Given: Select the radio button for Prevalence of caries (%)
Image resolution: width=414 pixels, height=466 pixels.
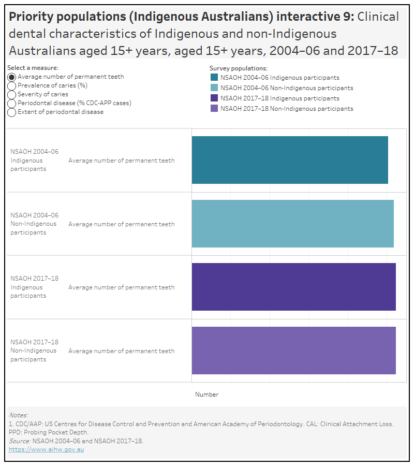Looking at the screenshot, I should [x=12, y=85].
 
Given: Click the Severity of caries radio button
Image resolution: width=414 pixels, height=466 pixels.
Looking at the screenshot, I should [x=12, y=94].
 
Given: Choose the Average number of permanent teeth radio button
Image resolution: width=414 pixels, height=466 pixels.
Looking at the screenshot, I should [x=12, y=77].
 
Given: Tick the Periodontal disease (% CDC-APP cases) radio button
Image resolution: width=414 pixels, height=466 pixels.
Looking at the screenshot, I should [x=12, y=103].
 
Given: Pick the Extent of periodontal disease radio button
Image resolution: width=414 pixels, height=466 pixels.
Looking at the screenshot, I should [x=12, y=112].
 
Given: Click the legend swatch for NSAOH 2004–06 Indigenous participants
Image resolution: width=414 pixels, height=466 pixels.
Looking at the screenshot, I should [x=214, y=78].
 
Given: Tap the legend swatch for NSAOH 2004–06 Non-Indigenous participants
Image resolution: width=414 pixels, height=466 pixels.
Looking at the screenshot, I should [x=214, y=88].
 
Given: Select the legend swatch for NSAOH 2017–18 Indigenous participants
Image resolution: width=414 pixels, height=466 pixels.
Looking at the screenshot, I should [x=214, y=98].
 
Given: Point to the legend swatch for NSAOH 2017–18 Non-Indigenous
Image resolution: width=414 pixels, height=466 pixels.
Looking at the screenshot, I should [x=214, y=109].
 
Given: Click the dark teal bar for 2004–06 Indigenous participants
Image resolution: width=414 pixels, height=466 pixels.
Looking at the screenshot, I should [x=290, y=160].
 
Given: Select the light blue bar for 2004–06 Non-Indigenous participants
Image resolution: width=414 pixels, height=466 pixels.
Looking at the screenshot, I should [x=292, y=224].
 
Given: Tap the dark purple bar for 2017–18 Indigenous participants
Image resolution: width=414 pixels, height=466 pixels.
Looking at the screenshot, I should [x=293, y=287].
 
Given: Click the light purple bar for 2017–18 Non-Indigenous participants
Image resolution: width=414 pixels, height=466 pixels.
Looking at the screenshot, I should [x=293, y=351].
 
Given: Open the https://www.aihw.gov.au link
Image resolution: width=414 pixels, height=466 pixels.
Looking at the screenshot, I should [x=46, y=449].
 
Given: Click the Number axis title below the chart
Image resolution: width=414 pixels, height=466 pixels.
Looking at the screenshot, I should [x=206, y=395].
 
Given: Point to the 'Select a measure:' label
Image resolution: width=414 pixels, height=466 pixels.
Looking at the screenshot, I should [x=33, y=68].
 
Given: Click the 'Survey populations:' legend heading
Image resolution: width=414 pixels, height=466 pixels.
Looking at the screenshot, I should [x=238, y=68].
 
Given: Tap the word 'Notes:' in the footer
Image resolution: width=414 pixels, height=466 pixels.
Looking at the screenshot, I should [x=19, y=415].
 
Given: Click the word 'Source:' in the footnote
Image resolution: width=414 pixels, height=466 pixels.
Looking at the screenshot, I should [x=20, y=441].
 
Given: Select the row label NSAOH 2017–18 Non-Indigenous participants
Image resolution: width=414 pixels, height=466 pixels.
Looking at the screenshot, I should [x=34, y=351].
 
